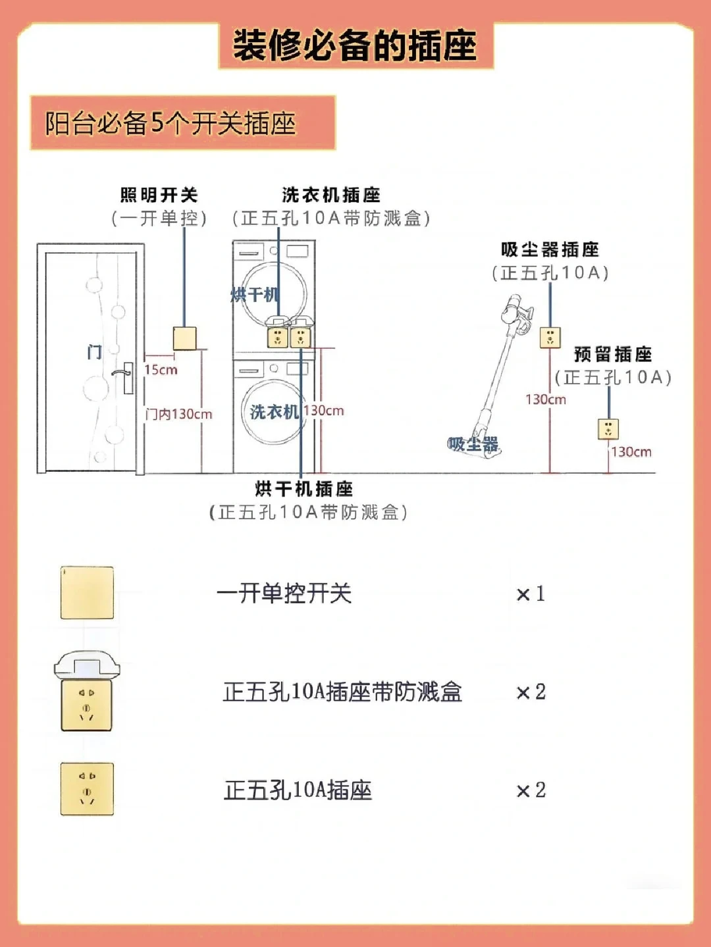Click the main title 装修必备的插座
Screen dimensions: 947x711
click(355, 45)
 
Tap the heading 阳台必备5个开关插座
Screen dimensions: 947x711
click(170, 123)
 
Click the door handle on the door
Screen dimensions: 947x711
click(123, 374)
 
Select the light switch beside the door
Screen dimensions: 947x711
click(184, 338)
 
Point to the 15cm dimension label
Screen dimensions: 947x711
click(161, 370)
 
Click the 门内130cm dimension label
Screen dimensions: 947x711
click(179, 414)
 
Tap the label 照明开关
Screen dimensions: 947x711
click(159, 195)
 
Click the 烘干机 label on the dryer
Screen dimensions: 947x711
click(254, 295)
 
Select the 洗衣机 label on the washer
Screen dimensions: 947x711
click(274, 412)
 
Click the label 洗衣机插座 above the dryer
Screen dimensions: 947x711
click(331, 195)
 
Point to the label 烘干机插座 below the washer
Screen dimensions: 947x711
click(304, 489)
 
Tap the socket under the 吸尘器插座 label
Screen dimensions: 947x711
click(550, 338)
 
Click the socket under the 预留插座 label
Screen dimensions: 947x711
click(608, 429)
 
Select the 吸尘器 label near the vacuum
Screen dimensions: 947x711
click(473, 444)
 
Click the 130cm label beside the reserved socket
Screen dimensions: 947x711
click(631, 452)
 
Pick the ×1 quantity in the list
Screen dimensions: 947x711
click(531, 594)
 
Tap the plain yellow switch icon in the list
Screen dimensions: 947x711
click(87, 592)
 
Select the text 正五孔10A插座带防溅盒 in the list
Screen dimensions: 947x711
click(342, 692)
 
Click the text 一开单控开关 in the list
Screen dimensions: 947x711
click(284, 594)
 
